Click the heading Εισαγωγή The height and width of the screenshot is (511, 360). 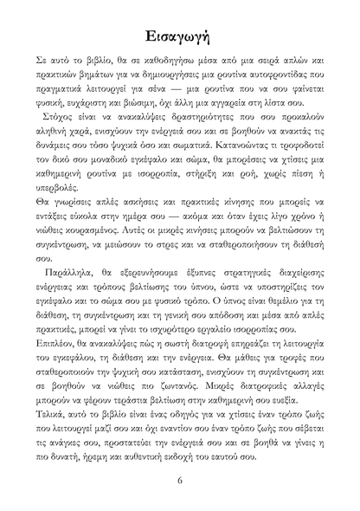point(179,36)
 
